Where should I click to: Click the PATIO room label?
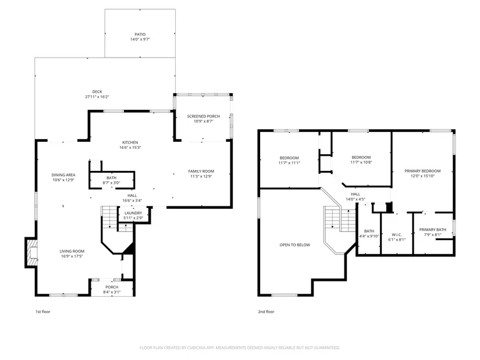[140, 34]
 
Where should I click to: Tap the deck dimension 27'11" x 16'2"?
[97, 97]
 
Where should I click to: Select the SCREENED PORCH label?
[203, 116]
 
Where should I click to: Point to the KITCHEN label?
[130, 142]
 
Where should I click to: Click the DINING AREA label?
[63, 175]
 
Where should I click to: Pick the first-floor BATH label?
[112, 178]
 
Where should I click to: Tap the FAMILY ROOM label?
[201, 172]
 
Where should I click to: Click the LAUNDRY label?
[133, 213]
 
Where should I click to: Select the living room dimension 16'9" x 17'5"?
[72, 256]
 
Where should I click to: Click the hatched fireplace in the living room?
[32, 253]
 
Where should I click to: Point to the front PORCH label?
[112, 287]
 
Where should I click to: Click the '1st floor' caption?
[43, 312]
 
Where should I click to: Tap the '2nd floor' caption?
[266, 312]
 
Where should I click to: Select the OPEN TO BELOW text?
[295, 245]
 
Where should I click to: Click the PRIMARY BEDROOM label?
[422, 171]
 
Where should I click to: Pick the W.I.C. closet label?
[397, 235]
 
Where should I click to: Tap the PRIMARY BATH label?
[432, 230]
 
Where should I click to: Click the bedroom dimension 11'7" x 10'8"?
[361, 162]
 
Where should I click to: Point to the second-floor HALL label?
[355, 194]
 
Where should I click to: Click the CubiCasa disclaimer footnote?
[240, 348]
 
